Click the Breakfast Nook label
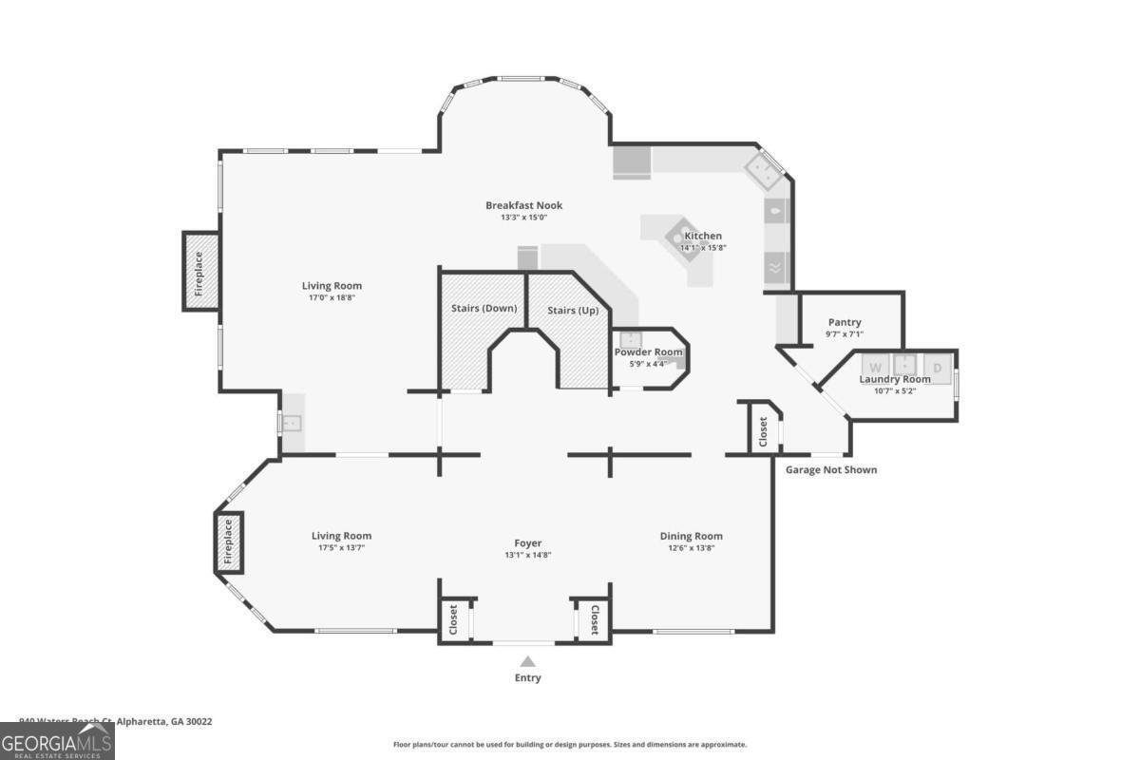click(523, 205)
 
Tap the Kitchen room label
click(703, 236)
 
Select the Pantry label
click(844, 322)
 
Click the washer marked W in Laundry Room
click(875, 367)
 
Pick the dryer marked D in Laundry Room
click(937, 367)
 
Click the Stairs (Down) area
click(484, 308)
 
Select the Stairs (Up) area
click(573, 311)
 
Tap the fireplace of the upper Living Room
click(199, 273)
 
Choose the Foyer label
click(527, 543)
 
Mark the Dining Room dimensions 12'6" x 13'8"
click(691, 548)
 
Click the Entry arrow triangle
click(527, 661)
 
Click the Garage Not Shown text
click(830, 469)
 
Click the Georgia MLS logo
click(57, 741)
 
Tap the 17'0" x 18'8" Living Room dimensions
click(331, 297)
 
